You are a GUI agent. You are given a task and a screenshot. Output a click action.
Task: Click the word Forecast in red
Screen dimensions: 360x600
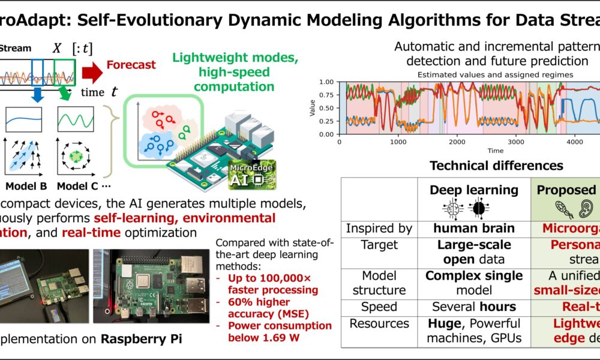tap(131, 64)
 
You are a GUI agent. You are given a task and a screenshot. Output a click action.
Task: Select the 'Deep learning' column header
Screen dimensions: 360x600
tap(474, 190)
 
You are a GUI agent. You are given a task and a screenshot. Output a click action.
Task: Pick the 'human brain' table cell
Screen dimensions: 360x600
tap(474, 229)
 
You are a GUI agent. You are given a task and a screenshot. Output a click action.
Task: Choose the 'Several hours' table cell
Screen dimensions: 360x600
tap(474, 307)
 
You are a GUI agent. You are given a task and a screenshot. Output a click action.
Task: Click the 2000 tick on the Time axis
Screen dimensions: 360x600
tap(457, 142)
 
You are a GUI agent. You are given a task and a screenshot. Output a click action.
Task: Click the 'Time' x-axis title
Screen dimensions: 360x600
tap(495, 151)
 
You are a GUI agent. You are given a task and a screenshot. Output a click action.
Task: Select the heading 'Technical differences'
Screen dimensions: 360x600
tap(496, 166)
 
